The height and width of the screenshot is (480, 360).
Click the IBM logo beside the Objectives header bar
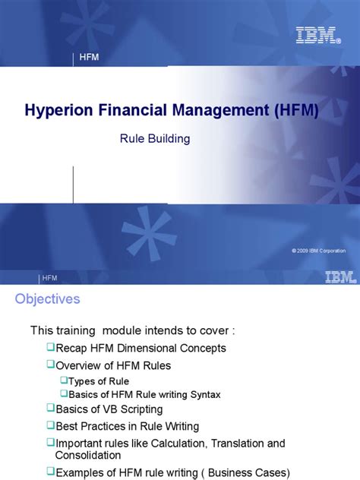339,278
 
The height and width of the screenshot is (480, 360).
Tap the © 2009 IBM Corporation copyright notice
318,251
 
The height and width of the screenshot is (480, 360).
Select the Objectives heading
47,299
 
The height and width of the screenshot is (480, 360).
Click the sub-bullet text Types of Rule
99,381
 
